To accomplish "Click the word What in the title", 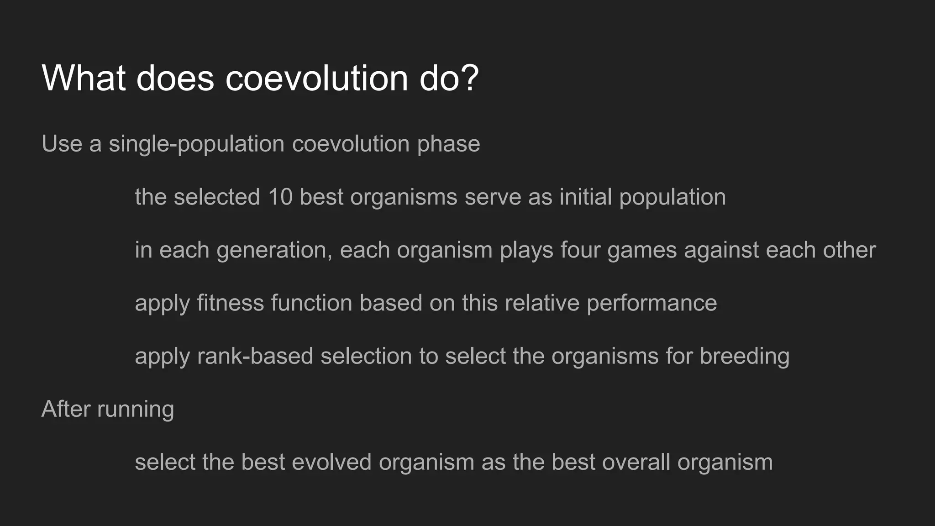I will [84, 78].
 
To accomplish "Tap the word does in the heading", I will [175, 78].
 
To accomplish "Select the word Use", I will [62, 144].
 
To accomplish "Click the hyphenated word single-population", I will [196, 145].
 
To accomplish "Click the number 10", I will [280, 197].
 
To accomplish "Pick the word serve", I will [493, 197].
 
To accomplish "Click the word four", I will [580, 250].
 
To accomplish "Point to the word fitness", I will [231, 303].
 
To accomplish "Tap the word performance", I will [651, 304].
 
